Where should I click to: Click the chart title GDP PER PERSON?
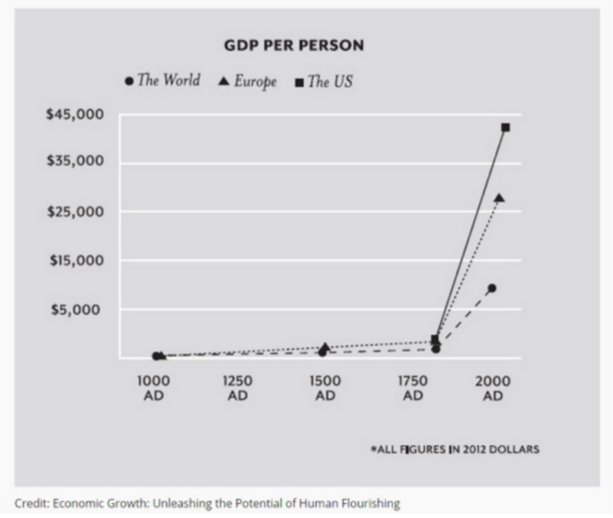294,45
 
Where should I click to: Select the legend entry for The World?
163,81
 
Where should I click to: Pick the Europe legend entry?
248,81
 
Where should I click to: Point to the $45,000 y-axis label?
75,114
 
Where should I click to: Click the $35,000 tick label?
75,162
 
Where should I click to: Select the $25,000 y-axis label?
75,212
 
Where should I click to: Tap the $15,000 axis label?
75,261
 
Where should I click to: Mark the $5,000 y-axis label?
78,310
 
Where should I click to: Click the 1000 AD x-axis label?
154,388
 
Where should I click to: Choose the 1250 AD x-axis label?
238,388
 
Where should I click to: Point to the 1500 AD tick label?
325,388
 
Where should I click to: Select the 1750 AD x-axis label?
413,388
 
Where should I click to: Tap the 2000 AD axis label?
492,388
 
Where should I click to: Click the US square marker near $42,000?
505,128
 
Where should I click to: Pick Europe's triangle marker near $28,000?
500,198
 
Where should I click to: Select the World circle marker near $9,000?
492,288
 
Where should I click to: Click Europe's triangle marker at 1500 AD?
326,347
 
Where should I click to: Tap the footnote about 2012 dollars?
455,449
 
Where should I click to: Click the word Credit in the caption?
30,503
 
